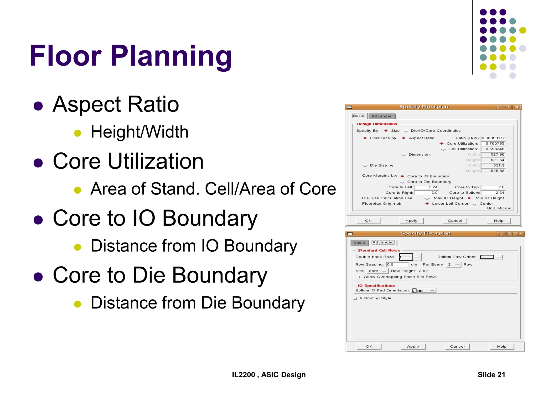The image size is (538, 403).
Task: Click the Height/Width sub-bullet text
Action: (139, 132)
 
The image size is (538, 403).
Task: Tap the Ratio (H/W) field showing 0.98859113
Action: (493, 138)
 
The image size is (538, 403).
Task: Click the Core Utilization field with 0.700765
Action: (493, 144)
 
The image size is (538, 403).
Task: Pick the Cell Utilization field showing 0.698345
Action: (493, 149)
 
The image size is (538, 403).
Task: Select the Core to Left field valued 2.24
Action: (426, 187)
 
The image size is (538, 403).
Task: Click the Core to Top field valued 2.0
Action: (493, 187)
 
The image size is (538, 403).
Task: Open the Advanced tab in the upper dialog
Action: (382, 116)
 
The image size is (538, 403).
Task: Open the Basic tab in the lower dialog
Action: (359, 243)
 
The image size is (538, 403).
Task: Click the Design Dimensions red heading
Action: (377, 124)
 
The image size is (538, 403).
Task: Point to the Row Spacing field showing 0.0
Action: (397, 264)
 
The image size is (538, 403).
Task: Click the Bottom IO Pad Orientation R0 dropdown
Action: (424, 290)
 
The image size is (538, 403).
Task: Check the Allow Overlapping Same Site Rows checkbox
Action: (358, 277)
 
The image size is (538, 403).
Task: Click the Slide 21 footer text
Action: (491, 375)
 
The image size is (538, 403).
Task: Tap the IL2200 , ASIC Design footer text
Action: (268, 375)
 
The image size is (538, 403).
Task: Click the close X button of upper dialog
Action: (517, 107)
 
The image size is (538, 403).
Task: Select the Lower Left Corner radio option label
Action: (450, 204)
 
